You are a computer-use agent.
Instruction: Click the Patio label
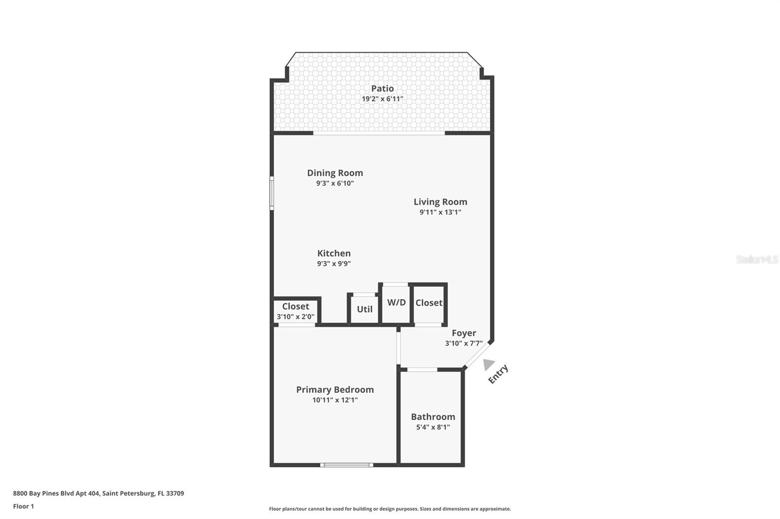pyautogui.click(x=382, y=88)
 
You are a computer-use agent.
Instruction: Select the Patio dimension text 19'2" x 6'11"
pyautogui.click(x=382, y=99)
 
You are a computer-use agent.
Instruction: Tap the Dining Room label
pyautogui.click(x=335, y=173)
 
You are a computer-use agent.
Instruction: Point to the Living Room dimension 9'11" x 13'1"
pyautogui.click(x=440, y=212)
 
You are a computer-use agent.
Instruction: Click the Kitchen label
pyautogui.click(x=334, y=253)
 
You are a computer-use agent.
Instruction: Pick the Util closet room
pyautogui.click(x=364, y=309)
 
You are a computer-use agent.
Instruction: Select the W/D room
pyautogui.click(x=396, y=303)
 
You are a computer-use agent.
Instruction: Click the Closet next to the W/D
pyautogui.click(x=429, y=303)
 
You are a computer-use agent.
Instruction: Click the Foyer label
pyautogui.click(x=464, y=333)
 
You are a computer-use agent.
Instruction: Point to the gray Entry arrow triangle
pyautogui.click(x=488, y=364)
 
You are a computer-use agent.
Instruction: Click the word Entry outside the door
pyautogui.click(x=498, y=374)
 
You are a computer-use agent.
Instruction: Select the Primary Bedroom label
pyautogui.click(x=335, y=389)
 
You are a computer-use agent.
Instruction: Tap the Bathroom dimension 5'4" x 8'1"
pyautogui.click(x=433, y=427)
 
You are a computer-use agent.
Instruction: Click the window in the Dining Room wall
pyautogui.click(x=272, y=193)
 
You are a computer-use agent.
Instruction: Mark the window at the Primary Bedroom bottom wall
pyautogui.click(x=347, y=465)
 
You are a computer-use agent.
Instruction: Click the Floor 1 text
pyautogui.click(x=23, y=506)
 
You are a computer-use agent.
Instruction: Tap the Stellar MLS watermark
pyautogui.click(x=757, y=260)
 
